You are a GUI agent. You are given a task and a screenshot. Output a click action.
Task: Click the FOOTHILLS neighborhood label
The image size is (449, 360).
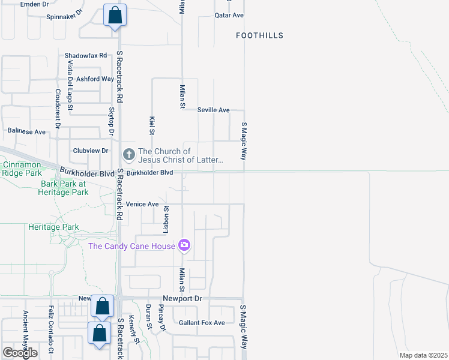pyautogui.click(x=259, y=36)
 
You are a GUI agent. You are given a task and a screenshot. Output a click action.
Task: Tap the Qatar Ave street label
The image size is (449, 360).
pyautogui.click(x=229, y=15)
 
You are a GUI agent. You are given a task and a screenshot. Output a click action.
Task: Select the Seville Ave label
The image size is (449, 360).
pyautogui.click(x=214, y=110)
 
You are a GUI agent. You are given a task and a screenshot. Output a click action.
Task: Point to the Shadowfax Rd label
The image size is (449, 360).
pyautogui.click(x=86, y=55)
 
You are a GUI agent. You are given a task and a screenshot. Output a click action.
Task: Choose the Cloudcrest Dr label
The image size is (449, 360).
pyautogui.click(x=58, y=109)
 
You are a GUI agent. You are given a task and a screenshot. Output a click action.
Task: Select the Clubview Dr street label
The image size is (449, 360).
pyautogui.click(x=90, y=151)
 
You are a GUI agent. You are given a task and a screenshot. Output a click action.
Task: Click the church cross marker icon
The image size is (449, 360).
pyautogui.click(x=128, y=155)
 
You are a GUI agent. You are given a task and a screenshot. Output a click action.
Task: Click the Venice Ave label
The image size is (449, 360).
pyautogui.click(x=142, y=205)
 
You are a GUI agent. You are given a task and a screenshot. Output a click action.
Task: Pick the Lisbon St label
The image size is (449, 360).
pyautogui.click(x=167, y=220)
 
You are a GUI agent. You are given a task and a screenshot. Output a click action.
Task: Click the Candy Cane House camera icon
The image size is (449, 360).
pyautogui.click(x=184, y=245)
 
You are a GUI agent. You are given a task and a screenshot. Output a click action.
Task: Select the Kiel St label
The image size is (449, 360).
pyautogui.click(x=152, y=125)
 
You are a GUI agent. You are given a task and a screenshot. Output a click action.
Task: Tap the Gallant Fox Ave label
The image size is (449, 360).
pyautogui.click(x=202, y=323)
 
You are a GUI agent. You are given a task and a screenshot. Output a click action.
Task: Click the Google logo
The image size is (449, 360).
pyautogui.click(x=20, y=353)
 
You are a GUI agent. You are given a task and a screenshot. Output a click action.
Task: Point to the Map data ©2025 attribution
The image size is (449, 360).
pyautogui.click(x=423, y=355)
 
